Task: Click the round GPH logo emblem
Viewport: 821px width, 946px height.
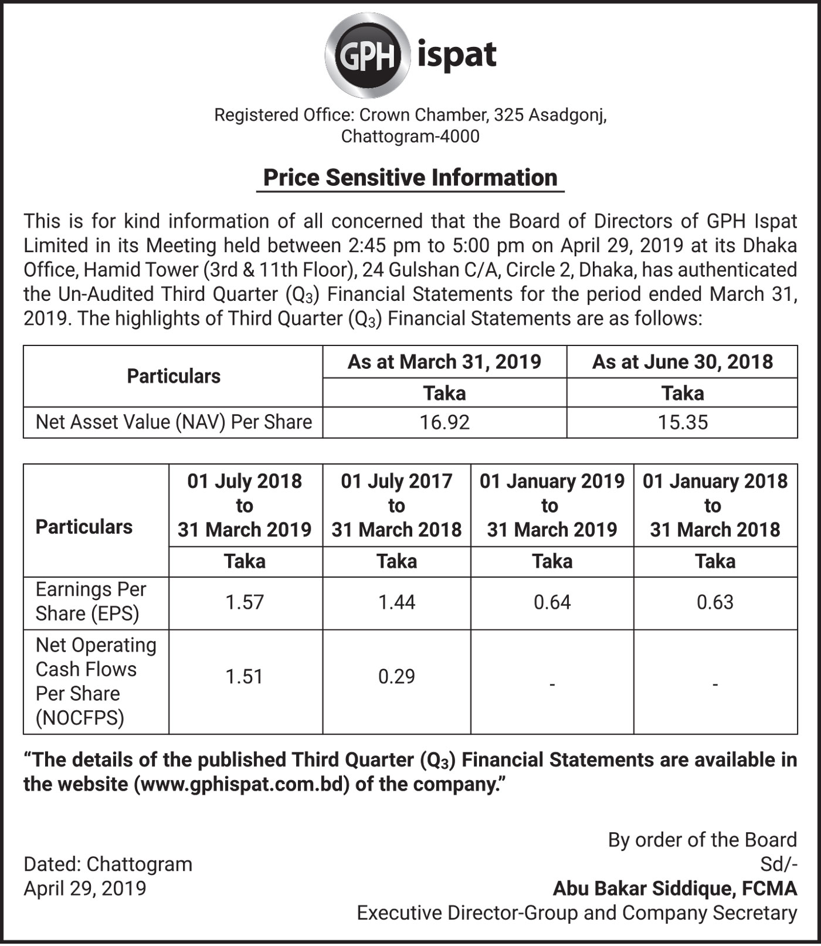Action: [x=367, y=55]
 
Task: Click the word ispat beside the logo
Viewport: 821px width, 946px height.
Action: [x=457, y=56]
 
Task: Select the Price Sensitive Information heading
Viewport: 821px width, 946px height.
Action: [x=410, y=178]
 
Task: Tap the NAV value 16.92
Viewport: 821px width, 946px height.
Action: [x=445, y=422]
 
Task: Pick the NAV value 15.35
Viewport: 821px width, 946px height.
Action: [x=683, y=422]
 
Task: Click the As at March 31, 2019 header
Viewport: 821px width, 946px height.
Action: [x=445, y=362]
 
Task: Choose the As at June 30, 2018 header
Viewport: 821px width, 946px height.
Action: [x=683, y=362]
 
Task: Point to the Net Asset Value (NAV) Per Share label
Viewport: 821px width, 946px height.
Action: [x=174, y=422]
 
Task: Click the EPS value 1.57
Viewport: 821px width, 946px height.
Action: [x=245, y=602]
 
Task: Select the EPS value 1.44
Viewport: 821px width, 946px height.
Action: [x=396, y=602]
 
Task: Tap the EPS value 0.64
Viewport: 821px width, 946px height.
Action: [x=552, y=602]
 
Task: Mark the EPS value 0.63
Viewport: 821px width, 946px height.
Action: [x=715, y=602]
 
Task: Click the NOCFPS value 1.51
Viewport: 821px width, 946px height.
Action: [x=245, y=677]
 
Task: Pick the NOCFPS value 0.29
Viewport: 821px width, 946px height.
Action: [x=396, y=677]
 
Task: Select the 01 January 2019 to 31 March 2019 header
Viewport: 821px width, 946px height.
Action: [x=552, y=506]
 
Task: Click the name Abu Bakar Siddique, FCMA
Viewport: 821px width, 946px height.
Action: [x=675, y=889]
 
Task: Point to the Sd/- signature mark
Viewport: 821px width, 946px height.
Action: [x=778, y=864]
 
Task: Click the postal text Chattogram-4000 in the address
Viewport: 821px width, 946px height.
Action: [x=410, y=137]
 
